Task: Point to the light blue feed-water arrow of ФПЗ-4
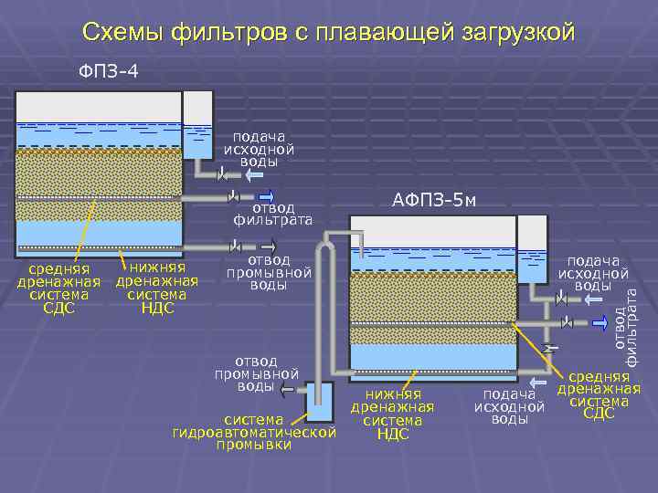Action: tap(255, 173)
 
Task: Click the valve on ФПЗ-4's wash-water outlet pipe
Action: tap(236, 246)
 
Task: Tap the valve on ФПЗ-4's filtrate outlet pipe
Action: tap(235, 195)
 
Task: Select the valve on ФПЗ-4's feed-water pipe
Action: tap(222, 173)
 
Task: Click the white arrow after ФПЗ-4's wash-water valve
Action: tap(268, 246)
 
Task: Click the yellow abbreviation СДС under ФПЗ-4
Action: tap(58, 308)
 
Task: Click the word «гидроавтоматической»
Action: tap(255, 432)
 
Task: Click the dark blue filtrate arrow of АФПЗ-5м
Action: tap(601, 322)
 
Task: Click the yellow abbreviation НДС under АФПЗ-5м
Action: tap(392, 434)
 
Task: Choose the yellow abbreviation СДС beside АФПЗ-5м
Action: tap(599, 414)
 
